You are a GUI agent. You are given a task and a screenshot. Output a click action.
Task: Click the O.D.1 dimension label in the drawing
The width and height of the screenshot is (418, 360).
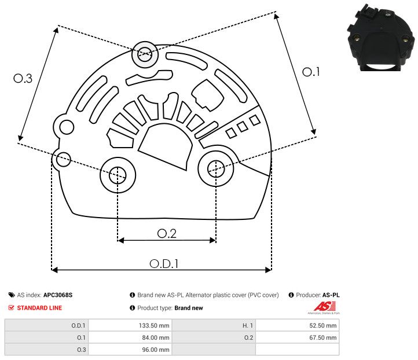164,263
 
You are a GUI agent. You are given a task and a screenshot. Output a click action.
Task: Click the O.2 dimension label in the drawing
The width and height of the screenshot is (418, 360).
167,233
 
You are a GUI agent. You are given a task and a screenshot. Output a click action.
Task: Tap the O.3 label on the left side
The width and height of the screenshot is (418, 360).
23,78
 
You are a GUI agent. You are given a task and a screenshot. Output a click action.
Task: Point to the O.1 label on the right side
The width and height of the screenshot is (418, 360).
311,72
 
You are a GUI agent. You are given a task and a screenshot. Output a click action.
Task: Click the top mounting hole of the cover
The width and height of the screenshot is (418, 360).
144,56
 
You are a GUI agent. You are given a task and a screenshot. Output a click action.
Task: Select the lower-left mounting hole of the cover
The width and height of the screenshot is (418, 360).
118,173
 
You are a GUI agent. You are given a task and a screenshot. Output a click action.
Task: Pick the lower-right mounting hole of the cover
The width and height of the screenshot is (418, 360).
215,168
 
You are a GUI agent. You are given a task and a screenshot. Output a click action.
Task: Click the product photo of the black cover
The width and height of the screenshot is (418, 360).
380,36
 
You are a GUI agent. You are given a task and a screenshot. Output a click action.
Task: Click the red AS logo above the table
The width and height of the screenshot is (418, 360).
321,306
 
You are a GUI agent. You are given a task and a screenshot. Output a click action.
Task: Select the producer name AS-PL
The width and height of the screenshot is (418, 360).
331,295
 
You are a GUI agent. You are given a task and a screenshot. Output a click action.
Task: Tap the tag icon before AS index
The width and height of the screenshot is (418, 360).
12,295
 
